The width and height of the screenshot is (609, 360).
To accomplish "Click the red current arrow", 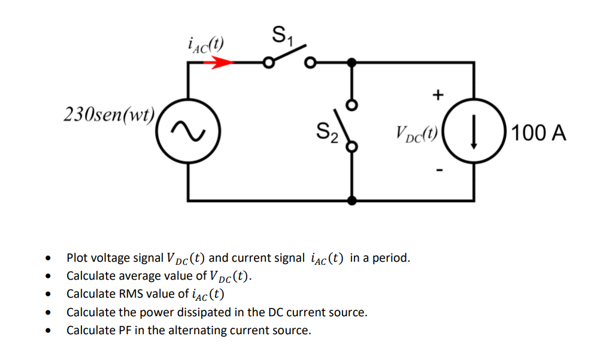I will pos(221,62).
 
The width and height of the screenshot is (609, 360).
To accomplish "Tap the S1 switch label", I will pos(281,34).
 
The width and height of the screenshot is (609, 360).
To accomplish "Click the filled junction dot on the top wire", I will pos(352,62).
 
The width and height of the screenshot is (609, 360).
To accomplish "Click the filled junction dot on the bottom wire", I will pos(352,200).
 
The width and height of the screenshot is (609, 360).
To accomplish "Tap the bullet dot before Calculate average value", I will pos(47,277).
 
